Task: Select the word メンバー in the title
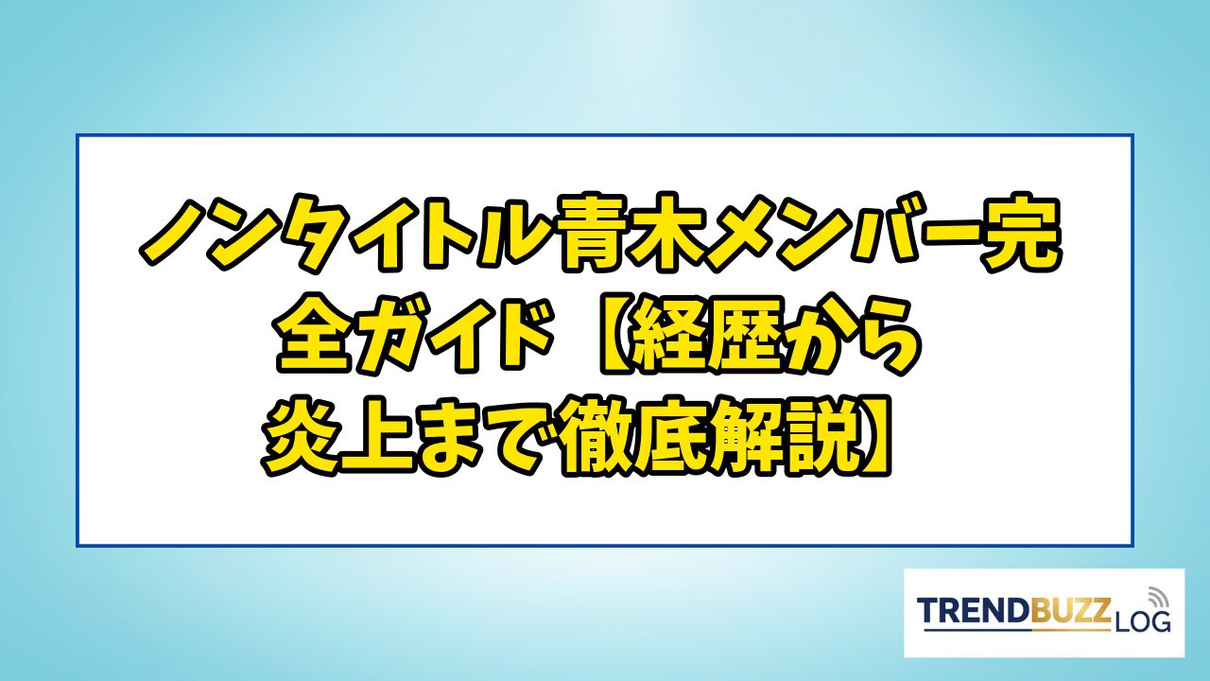pyautogui.click(x=848, y=234)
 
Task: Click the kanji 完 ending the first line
pyautogui.click(x=1023, y=233)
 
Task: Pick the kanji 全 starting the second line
pyautogui.click(x=313, y=335)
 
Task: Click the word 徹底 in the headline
pyautogui.click(x=633, y=436)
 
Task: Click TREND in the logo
pyautogui.click(x=974, y=611)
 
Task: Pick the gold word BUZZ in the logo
pyautogui.click(x=1071, y=611)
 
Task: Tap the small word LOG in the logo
pyautogui.click(x=1141, y=621)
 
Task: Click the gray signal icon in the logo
pyautogui.click(x=1156, y=597)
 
